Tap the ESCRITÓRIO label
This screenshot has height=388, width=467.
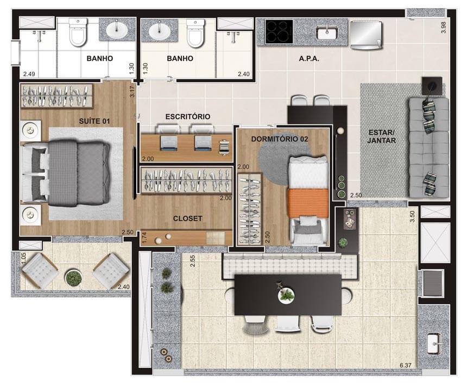click(187, 117)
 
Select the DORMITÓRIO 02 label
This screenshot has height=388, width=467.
click(280, 139)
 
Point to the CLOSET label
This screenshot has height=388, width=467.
click(187, 218)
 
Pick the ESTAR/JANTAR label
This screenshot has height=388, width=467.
click(381, 136)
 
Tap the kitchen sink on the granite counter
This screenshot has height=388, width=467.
click(327, 33)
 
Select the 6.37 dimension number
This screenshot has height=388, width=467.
click(405, 365)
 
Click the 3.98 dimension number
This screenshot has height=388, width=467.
click(444, 28)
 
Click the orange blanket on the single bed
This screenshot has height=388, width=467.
click(308, 202)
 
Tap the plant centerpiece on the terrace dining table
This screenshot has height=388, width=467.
click(286, 295)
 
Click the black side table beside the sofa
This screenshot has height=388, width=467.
click(432, 85)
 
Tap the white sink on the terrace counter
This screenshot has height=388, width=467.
click(434, 343)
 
